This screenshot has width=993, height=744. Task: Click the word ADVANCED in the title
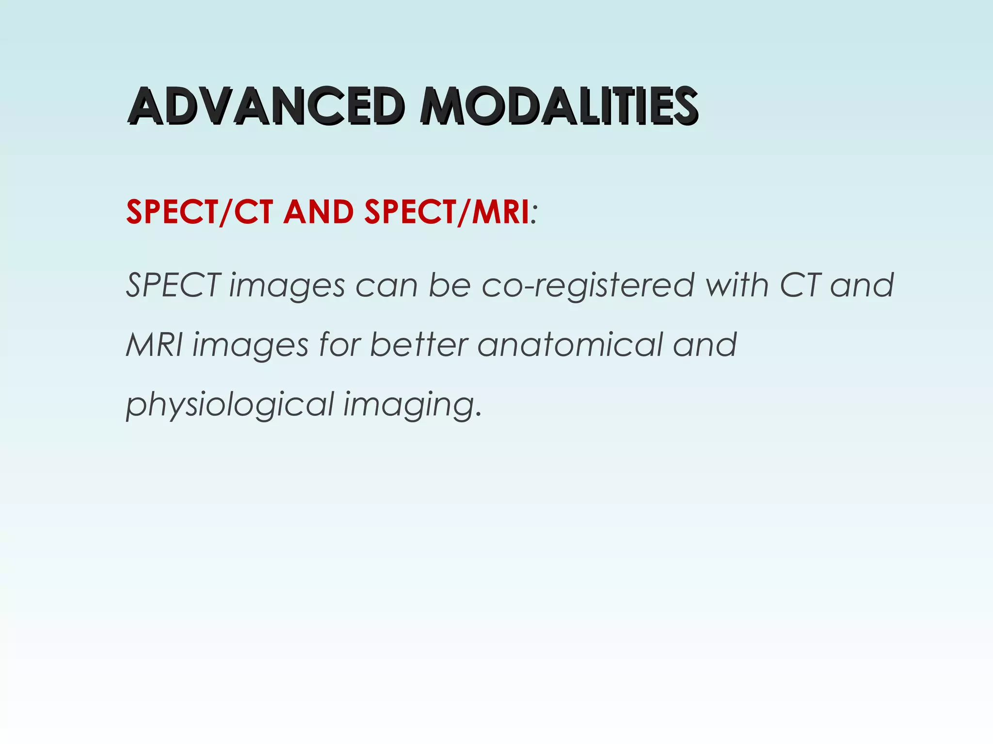266,106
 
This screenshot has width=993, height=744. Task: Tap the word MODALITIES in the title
559,106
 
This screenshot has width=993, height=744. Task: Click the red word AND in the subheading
319,212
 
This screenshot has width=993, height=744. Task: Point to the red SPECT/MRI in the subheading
447,212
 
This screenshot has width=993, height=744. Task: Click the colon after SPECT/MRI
534,214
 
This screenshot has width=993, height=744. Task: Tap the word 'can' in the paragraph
386,286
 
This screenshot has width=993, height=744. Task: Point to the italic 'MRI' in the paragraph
154,345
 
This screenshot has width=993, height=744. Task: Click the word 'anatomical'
570,345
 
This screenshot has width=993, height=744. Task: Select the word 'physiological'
230,405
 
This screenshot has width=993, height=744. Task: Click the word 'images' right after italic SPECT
287,286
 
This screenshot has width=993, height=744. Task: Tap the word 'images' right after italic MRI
250,346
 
